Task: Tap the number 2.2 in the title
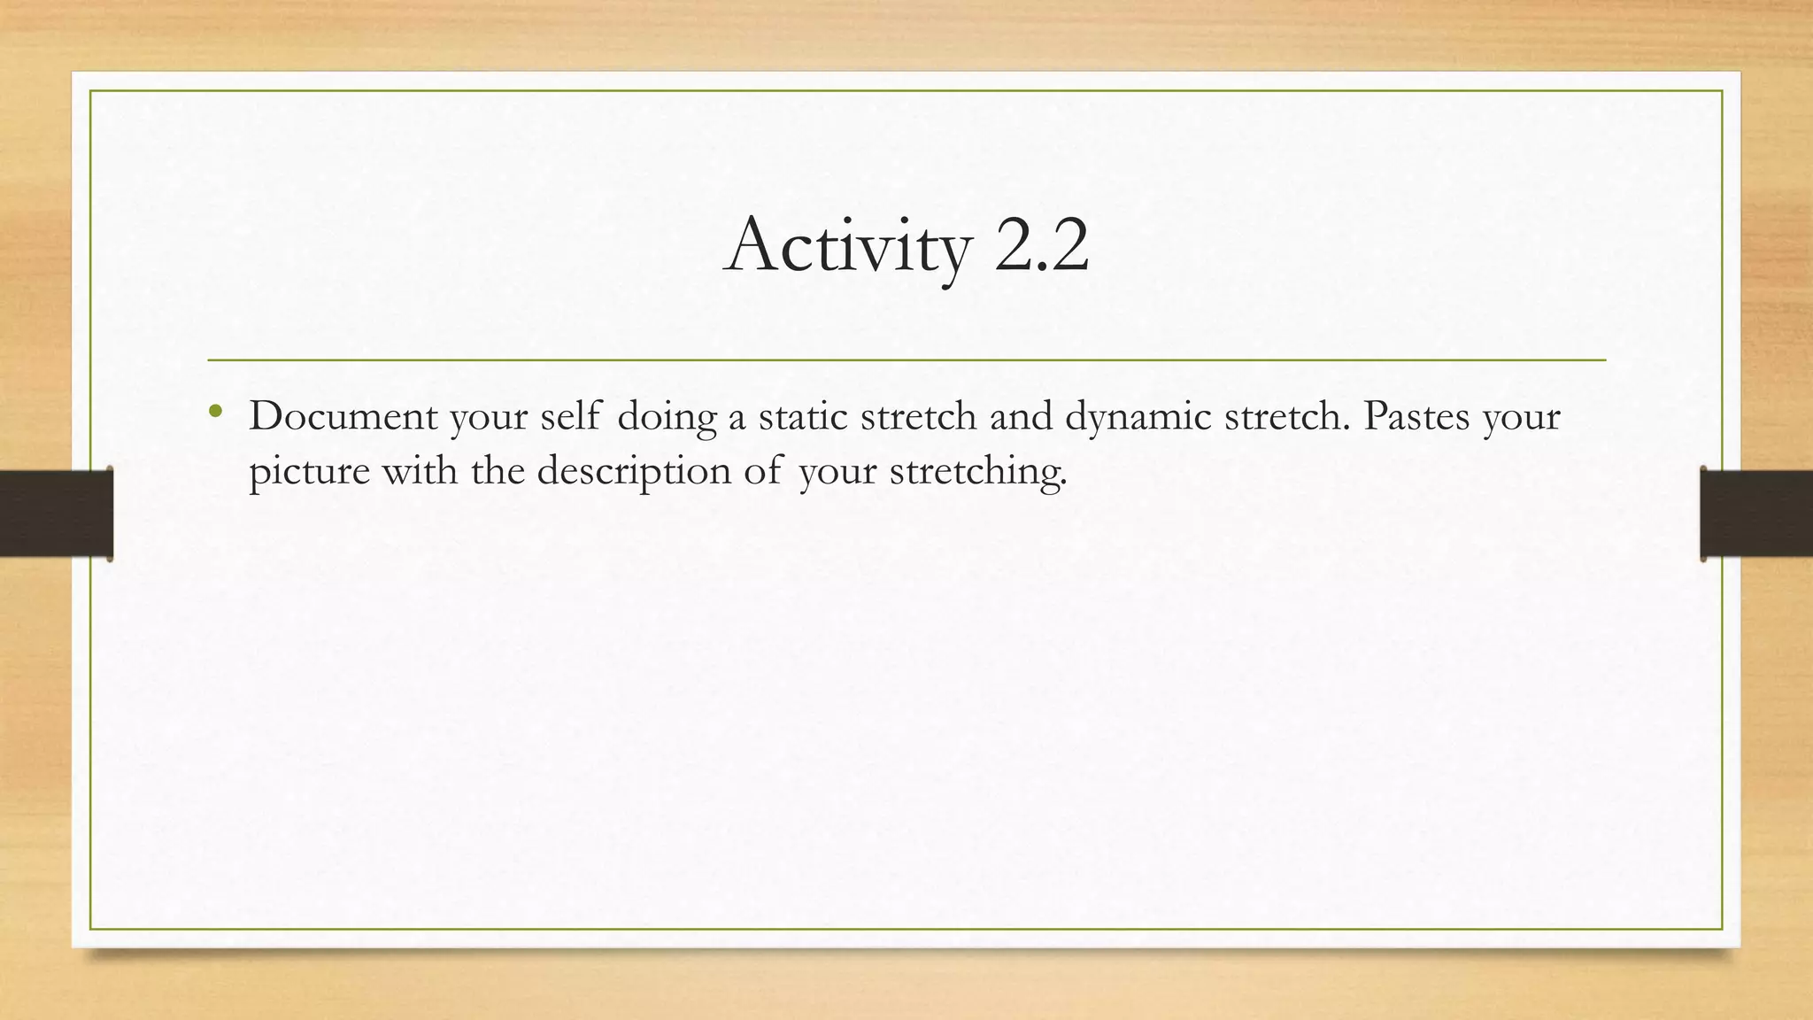click(1041, 244)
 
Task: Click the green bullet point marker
click(215, 410)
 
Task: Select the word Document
click(343, 416)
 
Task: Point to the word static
click(802, 416)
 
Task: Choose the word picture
click(309, 471)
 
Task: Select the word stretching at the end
click(977, 471)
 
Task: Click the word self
click(571, 416)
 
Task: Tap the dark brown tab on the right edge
click(1756, 514)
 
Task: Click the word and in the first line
click(1020, 416)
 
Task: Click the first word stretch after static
click(918, 416)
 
